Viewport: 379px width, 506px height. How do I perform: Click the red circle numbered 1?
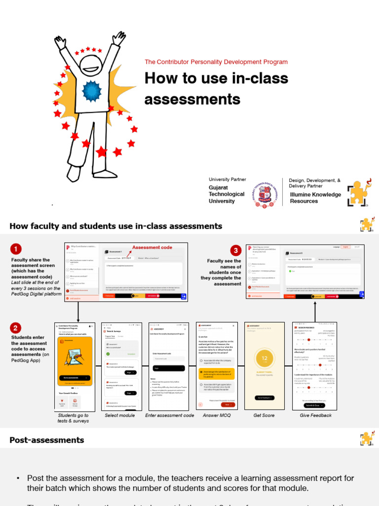point(16,249)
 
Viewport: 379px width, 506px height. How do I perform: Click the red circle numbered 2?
point(16,328)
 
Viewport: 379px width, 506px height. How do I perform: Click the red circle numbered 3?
point(236,251)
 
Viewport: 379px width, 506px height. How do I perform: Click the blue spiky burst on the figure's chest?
point(91,90)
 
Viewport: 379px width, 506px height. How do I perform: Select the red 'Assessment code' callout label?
point(152,247)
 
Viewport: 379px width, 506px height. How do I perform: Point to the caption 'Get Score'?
point(264,416)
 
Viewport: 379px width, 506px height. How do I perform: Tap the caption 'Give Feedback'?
point(315,416)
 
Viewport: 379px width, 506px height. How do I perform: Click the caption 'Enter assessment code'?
point(169,416)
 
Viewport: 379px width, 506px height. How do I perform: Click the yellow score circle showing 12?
point(265,359)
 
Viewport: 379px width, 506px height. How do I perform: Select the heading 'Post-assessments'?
point(47,440)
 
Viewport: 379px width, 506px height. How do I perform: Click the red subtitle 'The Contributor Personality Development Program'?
point(216,62)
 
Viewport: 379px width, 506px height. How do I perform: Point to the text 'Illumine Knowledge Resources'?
point(315,198)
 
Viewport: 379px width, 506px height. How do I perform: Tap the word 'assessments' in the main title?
point(192,99)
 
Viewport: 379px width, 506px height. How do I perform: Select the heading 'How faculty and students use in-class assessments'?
point(115,226)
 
